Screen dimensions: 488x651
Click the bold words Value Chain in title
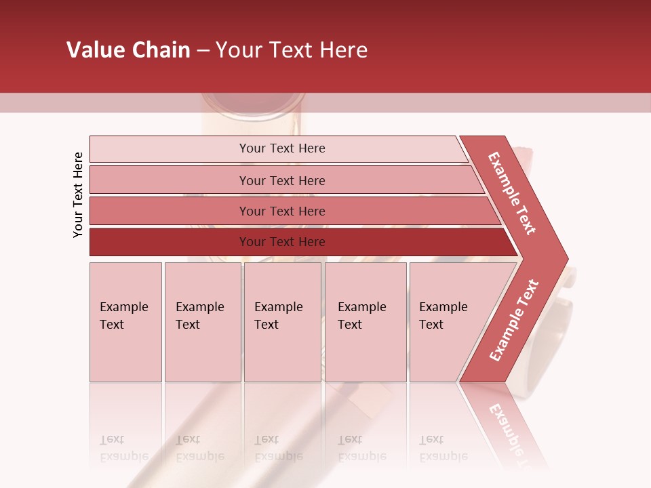tap(128, 50)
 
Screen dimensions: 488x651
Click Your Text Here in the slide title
tap(292, 50)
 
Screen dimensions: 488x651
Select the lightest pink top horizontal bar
tap(170, 149)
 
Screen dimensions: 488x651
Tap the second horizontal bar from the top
tap(170, 180)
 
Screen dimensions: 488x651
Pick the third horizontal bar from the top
tap(170, 211)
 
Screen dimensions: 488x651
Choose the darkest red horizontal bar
tap(170, 242)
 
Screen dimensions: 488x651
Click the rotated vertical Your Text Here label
tap(78, 195)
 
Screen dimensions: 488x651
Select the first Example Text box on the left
tap(125, 322)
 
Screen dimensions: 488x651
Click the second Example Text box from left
tap(202, 322)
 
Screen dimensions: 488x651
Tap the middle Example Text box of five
tap(282, 322)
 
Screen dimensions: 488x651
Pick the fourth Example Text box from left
tap(366, 322)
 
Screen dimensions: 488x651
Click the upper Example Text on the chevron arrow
tap(512, 193)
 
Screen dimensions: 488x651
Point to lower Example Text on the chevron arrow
tap(513, 321)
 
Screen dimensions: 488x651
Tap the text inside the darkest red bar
tap(282, 242)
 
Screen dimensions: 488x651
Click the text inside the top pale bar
tap(282, 148)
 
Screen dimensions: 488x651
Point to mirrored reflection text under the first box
tap(123, 448)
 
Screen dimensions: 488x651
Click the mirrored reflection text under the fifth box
tap(443, 448)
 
